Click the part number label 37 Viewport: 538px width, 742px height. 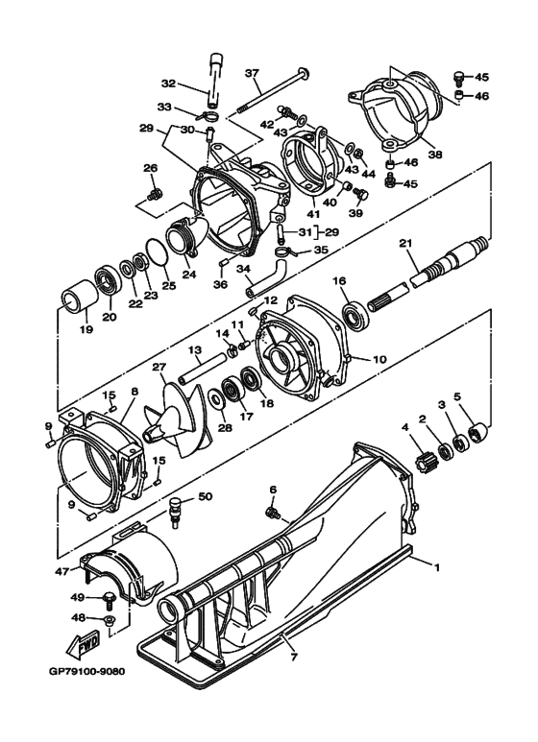(253, 73)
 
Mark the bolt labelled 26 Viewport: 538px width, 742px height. (151, 195)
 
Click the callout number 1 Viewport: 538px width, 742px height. (438, 567)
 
